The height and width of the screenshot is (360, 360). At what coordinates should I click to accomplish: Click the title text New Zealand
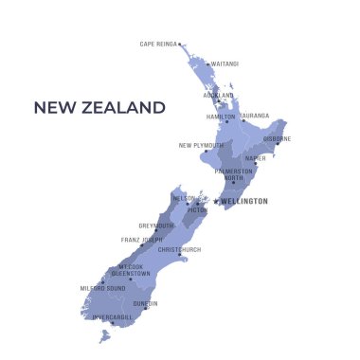[x=99, y=108]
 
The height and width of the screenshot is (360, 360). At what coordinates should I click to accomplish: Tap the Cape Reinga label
[x=158, y=44]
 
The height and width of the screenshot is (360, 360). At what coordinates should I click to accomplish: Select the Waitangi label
[x=225, y=64]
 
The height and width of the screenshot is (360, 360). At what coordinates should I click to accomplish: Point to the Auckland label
[x=218, y=96]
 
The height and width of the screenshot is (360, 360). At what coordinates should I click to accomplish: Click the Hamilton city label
[x=221, y=117]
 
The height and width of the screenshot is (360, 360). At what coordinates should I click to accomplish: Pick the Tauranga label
[x=255, y=117]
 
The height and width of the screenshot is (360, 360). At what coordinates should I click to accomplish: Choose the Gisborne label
[x=277, y=138]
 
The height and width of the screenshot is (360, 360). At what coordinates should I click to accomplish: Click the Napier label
[x=255, y=158]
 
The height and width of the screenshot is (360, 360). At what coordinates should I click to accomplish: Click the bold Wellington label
[x=244, y=201]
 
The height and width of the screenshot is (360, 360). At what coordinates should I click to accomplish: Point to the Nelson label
[x=183, y=199]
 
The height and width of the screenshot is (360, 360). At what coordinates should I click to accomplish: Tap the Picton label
[x=197, y=210]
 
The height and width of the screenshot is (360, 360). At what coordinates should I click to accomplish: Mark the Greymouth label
[x=156, y=225]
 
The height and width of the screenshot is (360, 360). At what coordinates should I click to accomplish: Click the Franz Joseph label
[x=141, y=241]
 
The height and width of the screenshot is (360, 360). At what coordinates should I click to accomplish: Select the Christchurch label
[x=179, y=249]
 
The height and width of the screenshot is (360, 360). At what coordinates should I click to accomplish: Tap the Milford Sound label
[x=101, y=288]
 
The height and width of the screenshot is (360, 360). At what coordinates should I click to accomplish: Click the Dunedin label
[x=146, y=303]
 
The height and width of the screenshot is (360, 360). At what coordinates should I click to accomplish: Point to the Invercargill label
[x=113, y=317]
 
